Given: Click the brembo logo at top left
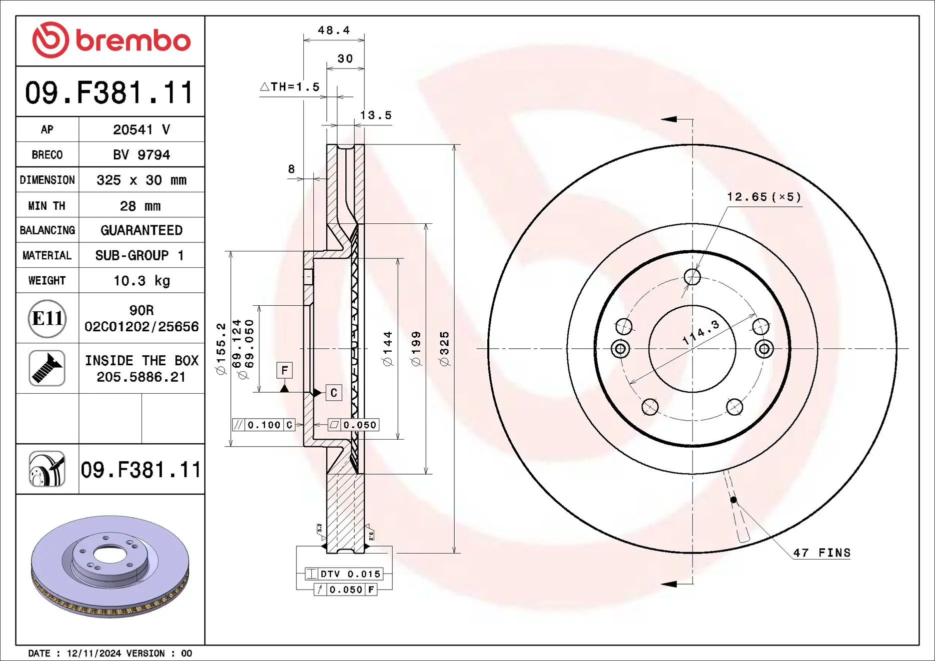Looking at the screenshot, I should [111, 40].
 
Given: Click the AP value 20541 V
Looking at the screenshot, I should [141, 129].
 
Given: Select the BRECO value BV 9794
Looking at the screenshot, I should [141, 155].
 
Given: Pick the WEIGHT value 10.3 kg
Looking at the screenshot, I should [141, 281].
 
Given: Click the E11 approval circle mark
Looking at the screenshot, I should [47, 318].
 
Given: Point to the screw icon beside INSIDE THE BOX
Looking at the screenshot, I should [47, 368].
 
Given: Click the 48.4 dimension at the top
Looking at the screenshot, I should [334, 30].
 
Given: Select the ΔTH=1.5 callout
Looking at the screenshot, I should [290, 87].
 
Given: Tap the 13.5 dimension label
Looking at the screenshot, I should [376, 115].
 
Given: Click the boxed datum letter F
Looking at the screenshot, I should [284, 370].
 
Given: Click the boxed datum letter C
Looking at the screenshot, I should [334, 393].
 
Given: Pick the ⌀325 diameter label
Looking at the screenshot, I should [444, 349].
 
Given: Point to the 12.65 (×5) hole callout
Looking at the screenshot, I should [764, 197].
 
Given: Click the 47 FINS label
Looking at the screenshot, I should [822, 553].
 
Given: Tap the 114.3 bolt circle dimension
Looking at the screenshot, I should [701, 332].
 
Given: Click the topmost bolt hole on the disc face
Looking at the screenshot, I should [692, 276].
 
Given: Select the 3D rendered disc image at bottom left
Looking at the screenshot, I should [110, 567].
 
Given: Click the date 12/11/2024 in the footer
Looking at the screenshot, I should [94, 653].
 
